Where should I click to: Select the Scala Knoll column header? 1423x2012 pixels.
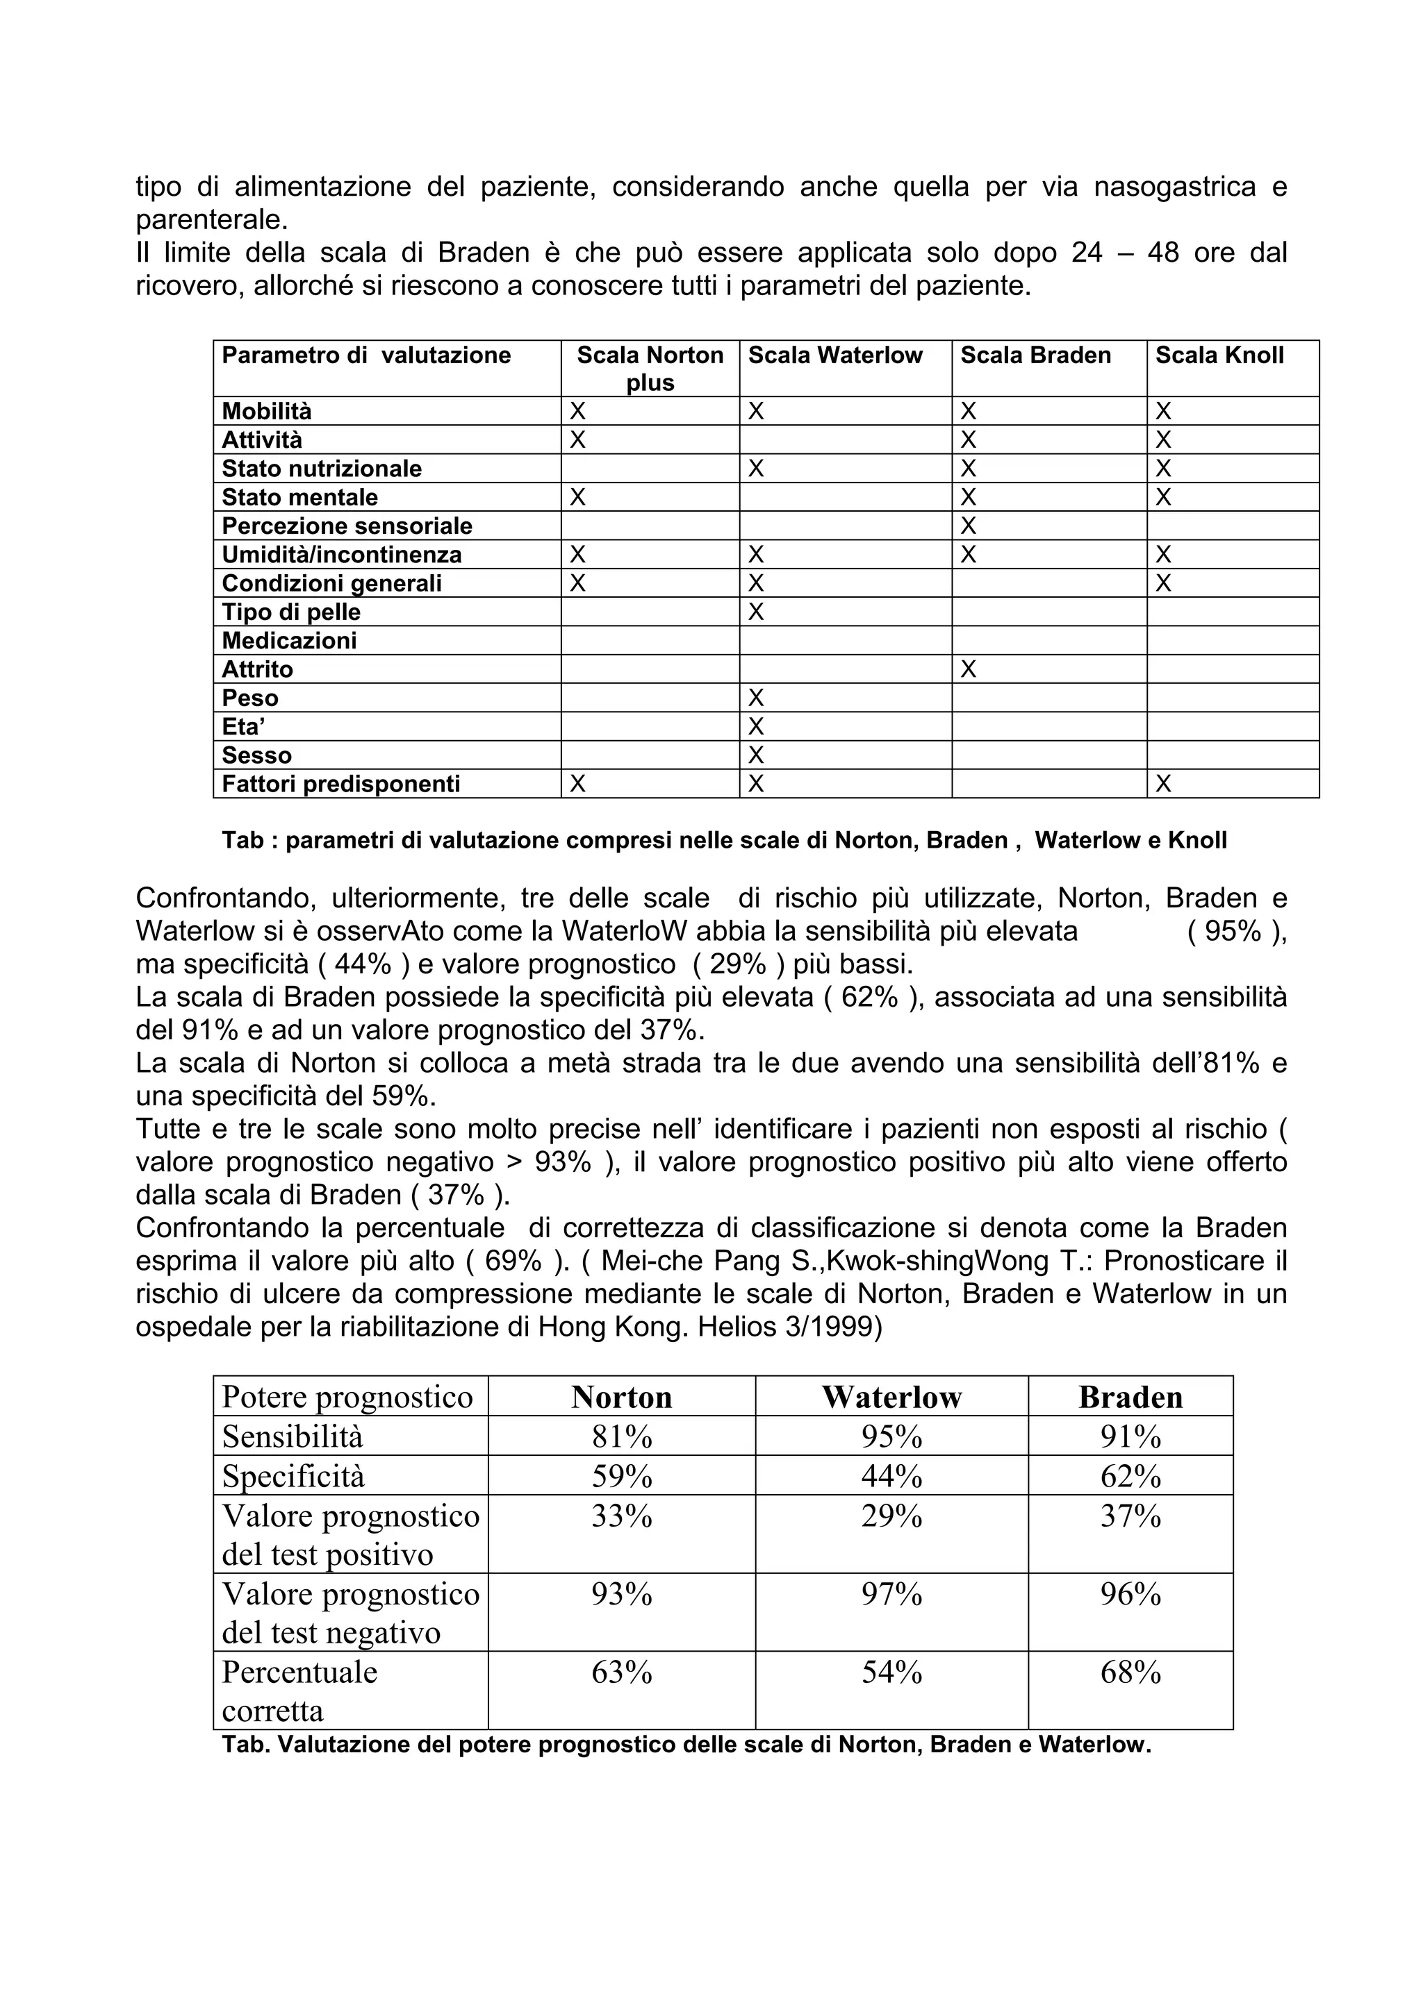(x=1219, y=355)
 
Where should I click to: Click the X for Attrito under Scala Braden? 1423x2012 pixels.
(x=968, y=669)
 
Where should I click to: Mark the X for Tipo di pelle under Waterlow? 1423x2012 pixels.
(x=756, y=612)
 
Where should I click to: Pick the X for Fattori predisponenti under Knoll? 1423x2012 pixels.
(x=1162, y=785)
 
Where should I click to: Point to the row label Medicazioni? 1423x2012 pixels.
(x=289, y=641)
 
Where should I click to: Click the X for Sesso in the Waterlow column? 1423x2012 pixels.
(x=756, y=755)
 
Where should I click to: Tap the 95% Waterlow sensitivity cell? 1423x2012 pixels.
(x=891, y=1436)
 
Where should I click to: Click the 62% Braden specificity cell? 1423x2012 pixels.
(x=1130, y=1477)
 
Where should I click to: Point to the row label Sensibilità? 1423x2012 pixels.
(x=292, y=1436)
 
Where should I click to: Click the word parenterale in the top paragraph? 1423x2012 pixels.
(x=211, y=219)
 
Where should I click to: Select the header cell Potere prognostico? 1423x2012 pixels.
(x=347, y=1397)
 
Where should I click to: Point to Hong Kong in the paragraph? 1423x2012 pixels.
(x=612, y=1327)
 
